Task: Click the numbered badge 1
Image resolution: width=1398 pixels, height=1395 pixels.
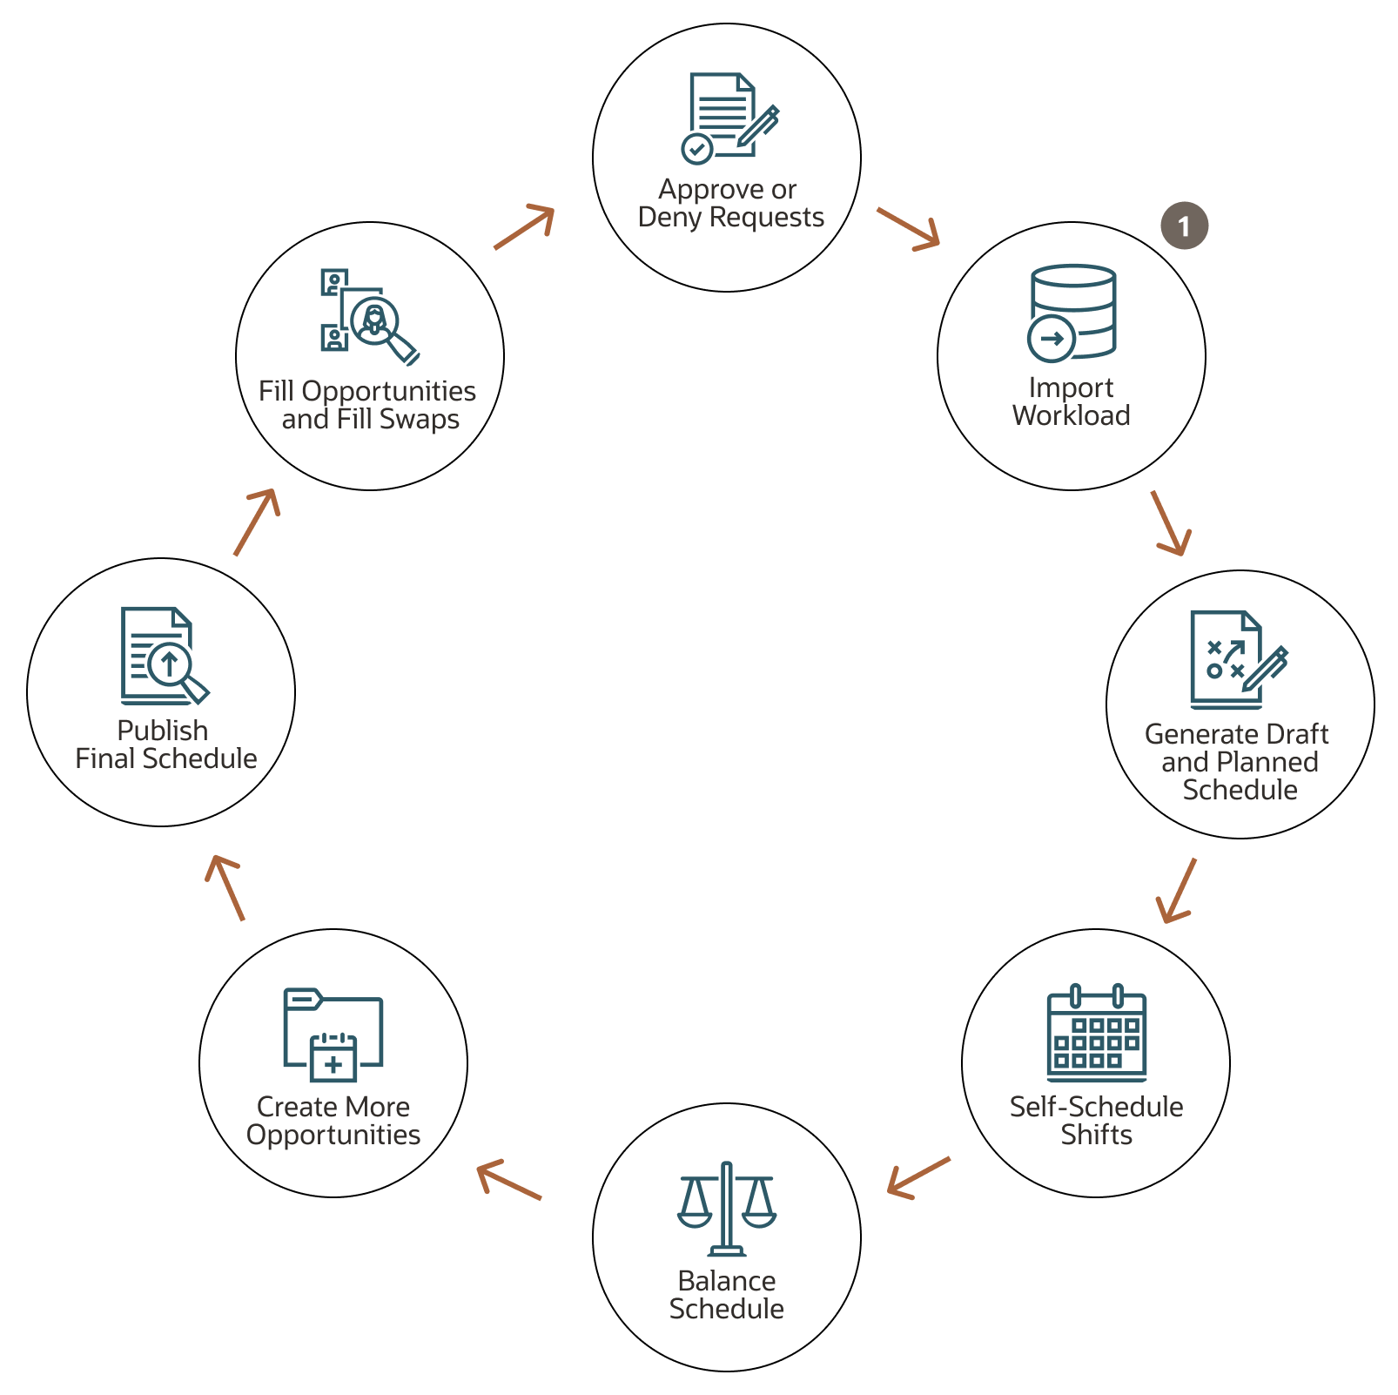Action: click(x=1184, y=226)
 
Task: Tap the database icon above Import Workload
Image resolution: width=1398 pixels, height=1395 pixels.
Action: click(x=1072, y=313)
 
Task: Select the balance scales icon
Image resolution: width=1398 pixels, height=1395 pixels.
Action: click(x=727, y=1209)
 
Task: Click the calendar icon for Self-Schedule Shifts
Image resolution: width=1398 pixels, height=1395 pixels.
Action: click(x=1097, y=1033)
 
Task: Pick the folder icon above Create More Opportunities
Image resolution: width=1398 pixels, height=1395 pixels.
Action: click(x=333, y=1034)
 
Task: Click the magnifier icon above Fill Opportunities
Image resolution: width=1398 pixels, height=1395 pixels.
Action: click(x=370, y=317)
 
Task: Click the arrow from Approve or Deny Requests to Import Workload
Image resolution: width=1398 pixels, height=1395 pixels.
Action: click(x=909, y=229)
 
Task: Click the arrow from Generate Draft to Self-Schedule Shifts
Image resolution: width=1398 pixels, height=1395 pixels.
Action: click(x=1176, y=890)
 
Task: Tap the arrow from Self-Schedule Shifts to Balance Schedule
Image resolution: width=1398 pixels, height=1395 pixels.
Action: click(x=918, y=1178)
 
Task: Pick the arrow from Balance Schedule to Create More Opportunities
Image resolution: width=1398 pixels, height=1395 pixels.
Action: click(x=509, y=1180)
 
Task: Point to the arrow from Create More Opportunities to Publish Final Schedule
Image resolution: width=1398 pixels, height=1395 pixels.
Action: click(x=225, y=887)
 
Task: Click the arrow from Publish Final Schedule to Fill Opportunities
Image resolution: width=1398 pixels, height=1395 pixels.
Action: click(x=257, y=522)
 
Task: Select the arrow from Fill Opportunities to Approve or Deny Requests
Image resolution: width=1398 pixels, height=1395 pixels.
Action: click(x=524, y=227)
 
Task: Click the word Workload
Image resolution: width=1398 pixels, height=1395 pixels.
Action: click(x=1072, y=415)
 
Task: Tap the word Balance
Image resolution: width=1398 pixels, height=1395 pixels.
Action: click(x=727, y=1281)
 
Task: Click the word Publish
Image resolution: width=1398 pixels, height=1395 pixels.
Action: click(x=163, y=731)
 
